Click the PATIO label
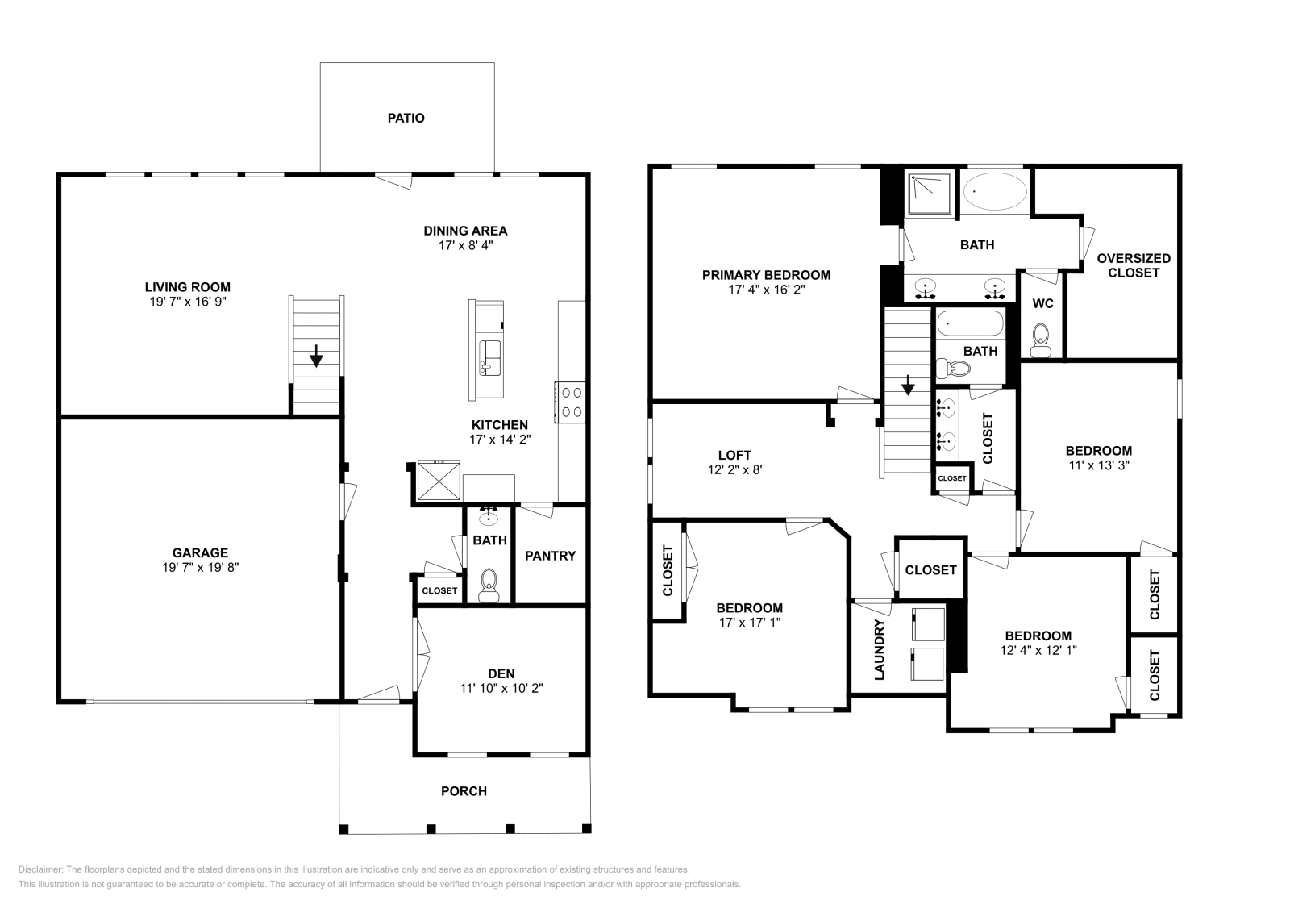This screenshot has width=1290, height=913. click(406, 118)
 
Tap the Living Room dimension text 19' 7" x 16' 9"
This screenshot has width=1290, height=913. click(187, 302)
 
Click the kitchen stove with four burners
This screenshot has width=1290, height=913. click(572, 402)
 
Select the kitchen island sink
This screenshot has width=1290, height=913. click(489, 353)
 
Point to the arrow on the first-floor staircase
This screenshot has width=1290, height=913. click(316, 355)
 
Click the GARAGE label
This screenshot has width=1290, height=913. click(200, 552)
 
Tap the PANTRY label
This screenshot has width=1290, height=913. click(550, 556)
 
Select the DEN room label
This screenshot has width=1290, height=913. click(501, 673)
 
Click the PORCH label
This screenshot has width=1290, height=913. click(464, 791)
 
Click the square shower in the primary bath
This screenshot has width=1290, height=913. click(930, 194)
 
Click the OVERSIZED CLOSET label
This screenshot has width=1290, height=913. click(1133, 265)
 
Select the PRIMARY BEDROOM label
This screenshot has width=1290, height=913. click(766, 275)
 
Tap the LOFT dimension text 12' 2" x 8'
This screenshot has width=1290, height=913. click(734, 469)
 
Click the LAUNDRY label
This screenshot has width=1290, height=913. click(880, 649)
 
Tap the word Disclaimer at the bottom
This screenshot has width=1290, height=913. click(39, 869)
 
